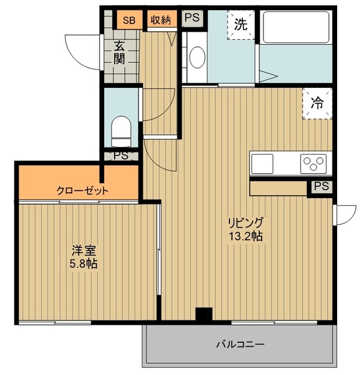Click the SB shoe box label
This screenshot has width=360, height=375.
point(129,21)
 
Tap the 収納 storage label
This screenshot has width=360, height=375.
point(160,21)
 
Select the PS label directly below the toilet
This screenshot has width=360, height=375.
point(121,156)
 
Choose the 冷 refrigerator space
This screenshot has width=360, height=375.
point(317,104)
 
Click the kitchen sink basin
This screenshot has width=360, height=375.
point(262,162)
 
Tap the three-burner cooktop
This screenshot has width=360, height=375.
point(315,163)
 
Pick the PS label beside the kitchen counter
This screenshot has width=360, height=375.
point(321,187)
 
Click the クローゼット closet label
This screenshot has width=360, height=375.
point(83,190)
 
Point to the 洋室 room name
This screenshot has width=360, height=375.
point(81,251)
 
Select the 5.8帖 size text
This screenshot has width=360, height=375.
point(81,264)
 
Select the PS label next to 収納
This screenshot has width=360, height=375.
point(192,18)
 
